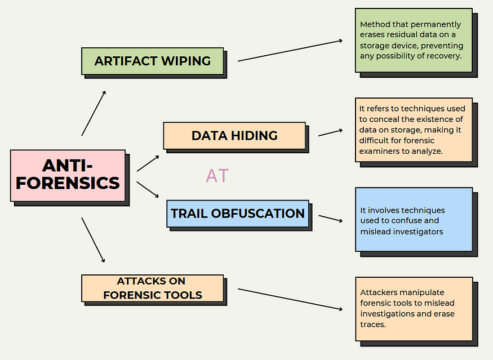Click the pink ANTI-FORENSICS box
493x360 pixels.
[68, 175]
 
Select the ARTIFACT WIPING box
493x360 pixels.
[153, 61]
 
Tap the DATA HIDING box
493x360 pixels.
[234, 136]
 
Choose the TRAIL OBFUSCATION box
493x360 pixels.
[238, 214]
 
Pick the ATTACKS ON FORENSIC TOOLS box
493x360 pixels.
[153, 288]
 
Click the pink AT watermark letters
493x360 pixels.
[217, 175]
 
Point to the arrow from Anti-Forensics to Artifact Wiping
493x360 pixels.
[94, 113]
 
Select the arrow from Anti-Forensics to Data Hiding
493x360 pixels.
[148, 163]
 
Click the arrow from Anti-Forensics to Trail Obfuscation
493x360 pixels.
[148, 190]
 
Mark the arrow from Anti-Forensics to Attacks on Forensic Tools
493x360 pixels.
[93, 239]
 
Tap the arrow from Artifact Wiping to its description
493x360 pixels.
[290, 51]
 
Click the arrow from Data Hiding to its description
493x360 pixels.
[330, 133]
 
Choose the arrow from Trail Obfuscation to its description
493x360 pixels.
[330, 219]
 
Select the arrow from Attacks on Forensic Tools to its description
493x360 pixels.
[290, 299]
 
